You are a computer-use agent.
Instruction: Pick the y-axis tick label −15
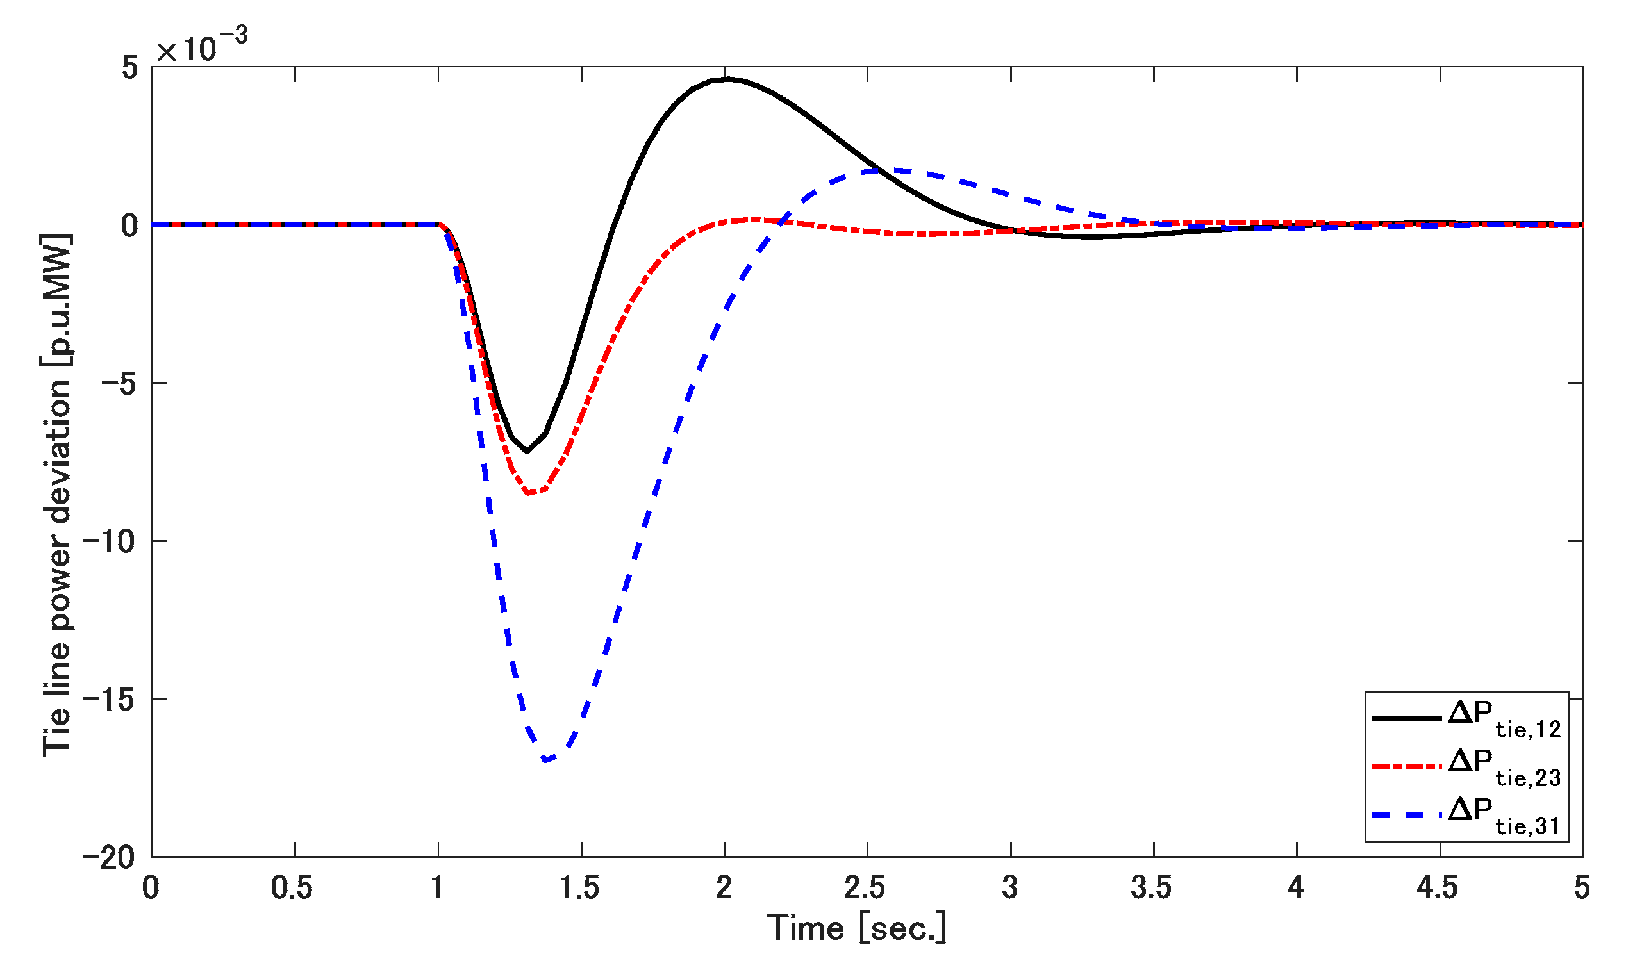point(110,700)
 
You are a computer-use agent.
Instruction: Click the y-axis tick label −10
point(110,541)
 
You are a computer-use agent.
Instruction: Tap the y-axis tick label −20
point(110,857)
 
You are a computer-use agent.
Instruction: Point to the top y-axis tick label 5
point(129,67)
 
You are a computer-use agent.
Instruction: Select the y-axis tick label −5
point(120,383)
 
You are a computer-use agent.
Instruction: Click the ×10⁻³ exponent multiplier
point(202,45)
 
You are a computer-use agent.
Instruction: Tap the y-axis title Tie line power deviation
point(57,495)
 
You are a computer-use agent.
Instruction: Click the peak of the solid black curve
point(727,79)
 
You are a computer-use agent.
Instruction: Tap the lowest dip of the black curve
point(527,452)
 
